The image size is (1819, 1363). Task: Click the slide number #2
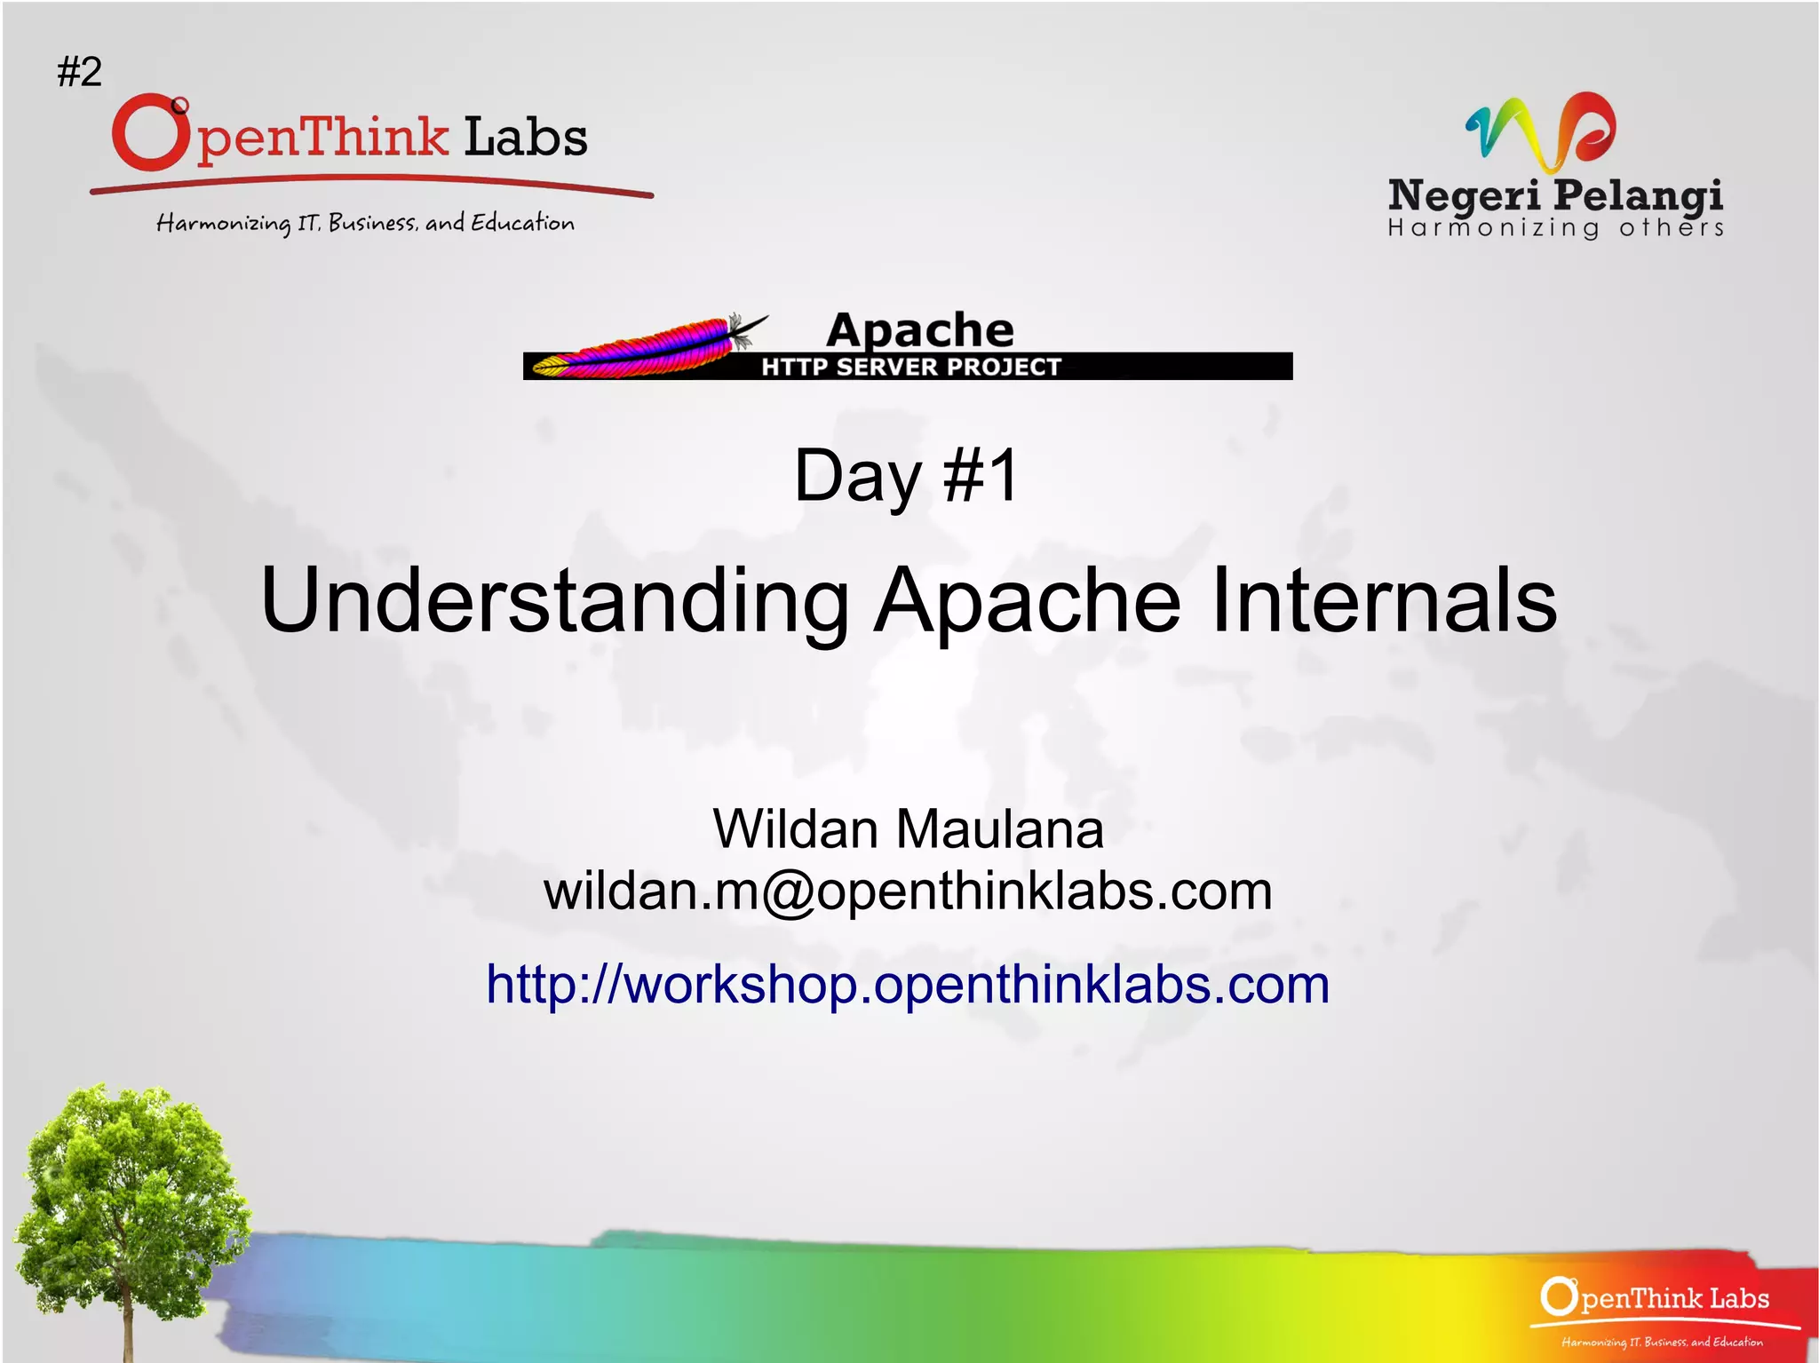(80, 71)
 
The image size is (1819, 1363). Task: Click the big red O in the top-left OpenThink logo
(151, 133)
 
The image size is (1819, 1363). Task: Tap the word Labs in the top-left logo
(526, 138)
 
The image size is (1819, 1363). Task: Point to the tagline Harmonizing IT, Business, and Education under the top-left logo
(365, 222)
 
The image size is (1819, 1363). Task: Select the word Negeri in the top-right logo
(1464, 195)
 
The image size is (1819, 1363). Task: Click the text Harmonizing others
(1555, 228)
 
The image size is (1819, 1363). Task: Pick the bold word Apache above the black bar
(919, 330)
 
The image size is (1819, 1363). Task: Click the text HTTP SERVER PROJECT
(910, 367)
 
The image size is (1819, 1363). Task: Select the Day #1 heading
(906, 476)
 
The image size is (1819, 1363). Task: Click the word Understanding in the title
(555, 601)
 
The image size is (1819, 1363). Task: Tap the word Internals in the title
(1383, 601)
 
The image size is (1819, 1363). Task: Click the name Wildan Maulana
(908, 828)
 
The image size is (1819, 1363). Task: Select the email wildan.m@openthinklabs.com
(908, 891)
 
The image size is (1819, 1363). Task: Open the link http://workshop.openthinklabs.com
(908, 984)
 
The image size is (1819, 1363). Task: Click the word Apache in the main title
(1028, 601)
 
